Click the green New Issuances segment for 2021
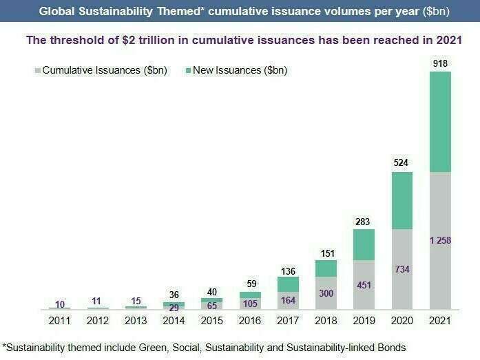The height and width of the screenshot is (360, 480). (x=441, y=121)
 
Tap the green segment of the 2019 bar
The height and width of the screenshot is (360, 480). (x=364, y=244)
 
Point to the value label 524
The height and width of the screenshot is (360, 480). (x=403, y=164)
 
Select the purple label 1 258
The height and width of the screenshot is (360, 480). (x=440, y=241)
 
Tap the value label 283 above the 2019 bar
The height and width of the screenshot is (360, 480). (x=364, y=221)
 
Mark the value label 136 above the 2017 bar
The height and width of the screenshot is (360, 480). (x=288, y=269)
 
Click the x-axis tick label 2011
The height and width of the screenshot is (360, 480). (x=59, y=321)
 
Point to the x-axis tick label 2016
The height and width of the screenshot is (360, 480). (x=250, y=321)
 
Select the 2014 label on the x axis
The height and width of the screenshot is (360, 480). (x=174, y=321)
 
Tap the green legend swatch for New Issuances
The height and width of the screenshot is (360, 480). (x=188, y=70)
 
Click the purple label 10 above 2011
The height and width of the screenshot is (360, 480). (x=59, y=304)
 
